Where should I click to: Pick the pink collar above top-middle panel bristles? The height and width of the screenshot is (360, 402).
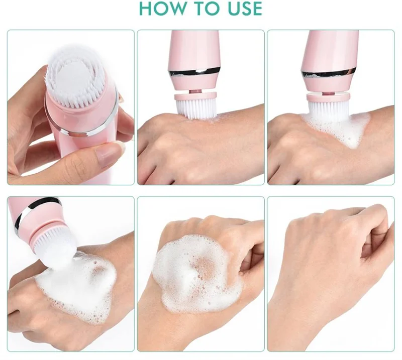coord(195,95)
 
